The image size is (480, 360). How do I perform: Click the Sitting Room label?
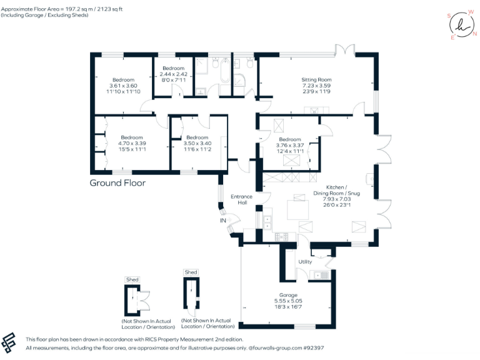[x=316, y=80]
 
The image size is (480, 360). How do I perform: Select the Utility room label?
[x=305, y=261]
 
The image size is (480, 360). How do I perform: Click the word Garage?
[x=288, y=294]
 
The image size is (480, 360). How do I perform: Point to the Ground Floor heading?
[x=117, y=183]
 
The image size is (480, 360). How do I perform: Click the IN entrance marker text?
[x=222, y=221]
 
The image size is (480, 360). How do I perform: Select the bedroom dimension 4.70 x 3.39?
[x=132, y=144]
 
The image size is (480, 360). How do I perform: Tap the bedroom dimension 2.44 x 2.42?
[x=173, y=74]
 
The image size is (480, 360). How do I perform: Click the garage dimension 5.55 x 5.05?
[x=288, y=301]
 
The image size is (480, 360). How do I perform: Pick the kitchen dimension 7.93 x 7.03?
[x=336, y=199]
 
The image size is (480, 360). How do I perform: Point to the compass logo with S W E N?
[x=461, y=25]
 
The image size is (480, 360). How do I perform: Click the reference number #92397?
[x=311, y=347]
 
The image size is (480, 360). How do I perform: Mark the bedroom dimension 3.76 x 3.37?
[x=290, y=145]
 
